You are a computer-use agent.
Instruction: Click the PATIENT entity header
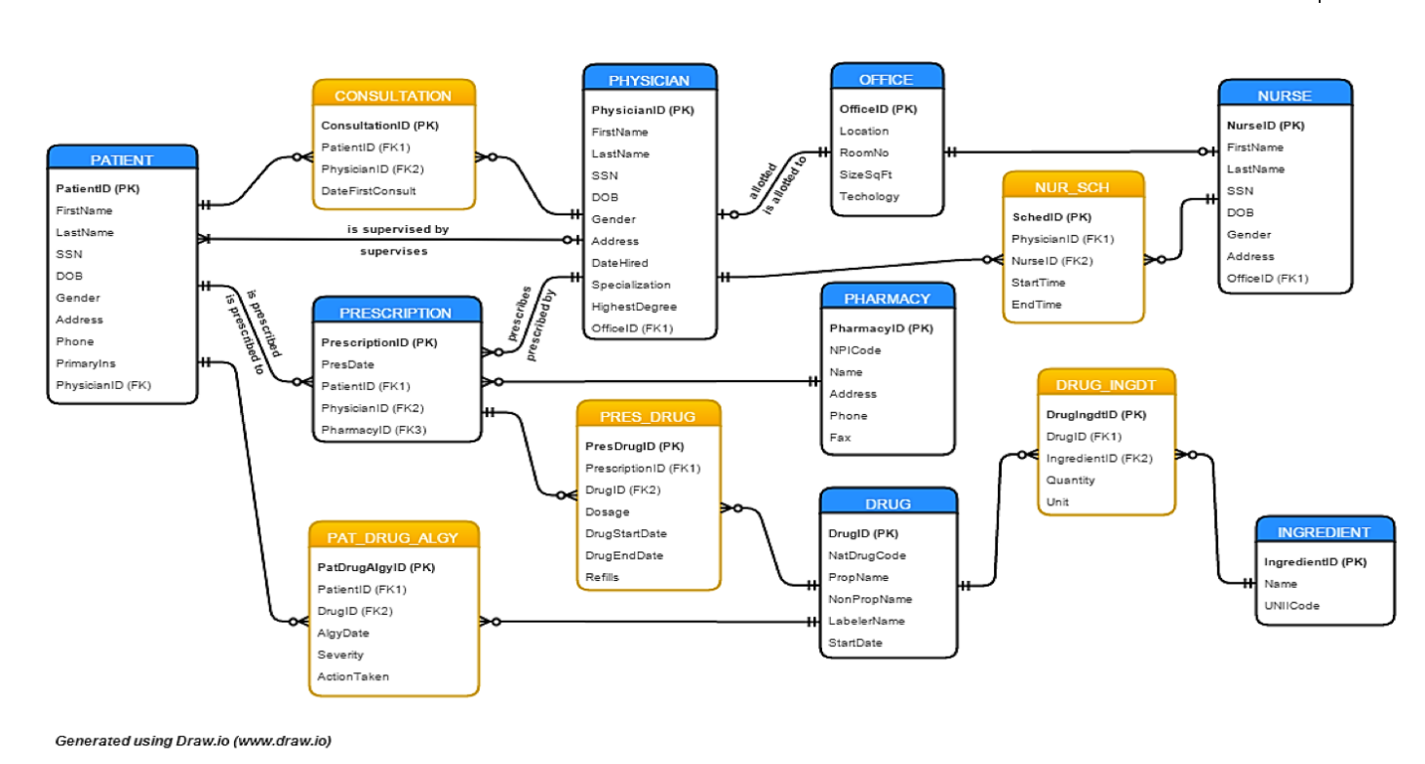pyautogui.click(x=122, y=160)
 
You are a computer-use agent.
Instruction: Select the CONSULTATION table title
pyautogui.click(x=393, y=95)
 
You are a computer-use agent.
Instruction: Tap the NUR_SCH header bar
pyautogui.click(x=1072, y=187)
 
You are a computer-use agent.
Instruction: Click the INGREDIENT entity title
pyautogui.click(x=1324, y=532)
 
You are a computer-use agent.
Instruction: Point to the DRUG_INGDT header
pyautogui.click(x=1105, y=385)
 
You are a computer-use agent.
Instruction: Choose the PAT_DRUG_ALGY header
pyautogui.click(x=394, y=537)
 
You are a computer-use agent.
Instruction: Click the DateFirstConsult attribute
pyautogui.click(x=369, y=191)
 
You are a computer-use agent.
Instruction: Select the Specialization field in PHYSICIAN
pyautogui.click(x=630, y=285)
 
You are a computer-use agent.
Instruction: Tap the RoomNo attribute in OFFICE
pyautogui.click(x=863, y=153)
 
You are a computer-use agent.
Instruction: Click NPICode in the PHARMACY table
pyautogui.click(x=854, y=350)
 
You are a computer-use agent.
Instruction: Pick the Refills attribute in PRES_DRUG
pyautogui.click(x=602, y=577)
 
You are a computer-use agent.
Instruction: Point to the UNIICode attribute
pyautogui.click(x=1291, y=605)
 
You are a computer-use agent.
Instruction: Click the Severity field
pyautogui.click(x=340, y=655)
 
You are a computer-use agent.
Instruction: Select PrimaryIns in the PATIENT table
pyautogui.click(x=86, y=363)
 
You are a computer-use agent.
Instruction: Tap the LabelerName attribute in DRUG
pyautogui.click(x=866, y=621)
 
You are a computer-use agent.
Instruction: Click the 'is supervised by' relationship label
pyautogui.click(x=398, y=230)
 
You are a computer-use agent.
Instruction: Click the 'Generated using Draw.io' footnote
pyautogui.click(x=193, y=741)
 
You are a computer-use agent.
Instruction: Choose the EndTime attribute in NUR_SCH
pyautogui.click(x=1036, y=304)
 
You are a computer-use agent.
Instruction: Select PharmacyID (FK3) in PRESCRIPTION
pyautogui.click(x=374, y=430)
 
